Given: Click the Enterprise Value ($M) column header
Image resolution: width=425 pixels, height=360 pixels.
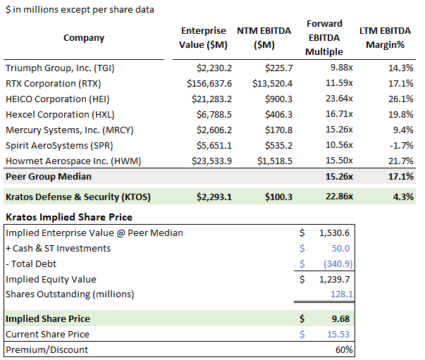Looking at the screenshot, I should coord(204,37).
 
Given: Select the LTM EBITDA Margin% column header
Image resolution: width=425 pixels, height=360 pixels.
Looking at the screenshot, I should coord(386,37).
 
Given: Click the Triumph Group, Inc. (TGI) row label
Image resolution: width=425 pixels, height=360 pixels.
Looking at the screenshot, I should coord(60,68).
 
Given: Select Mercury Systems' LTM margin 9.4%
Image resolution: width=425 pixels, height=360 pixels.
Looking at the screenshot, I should coord(400,130).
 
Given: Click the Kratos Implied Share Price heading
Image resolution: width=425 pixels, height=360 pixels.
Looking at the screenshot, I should coord(69,217).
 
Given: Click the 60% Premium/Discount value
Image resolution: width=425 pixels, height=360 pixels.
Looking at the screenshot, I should coord(344,349).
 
